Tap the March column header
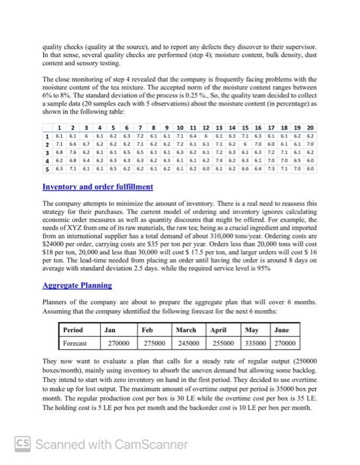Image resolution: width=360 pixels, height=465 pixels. click(x=186, y=329)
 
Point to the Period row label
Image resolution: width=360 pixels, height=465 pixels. click(x=73, y=329)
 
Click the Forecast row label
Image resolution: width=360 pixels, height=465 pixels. click(x=75, y=343)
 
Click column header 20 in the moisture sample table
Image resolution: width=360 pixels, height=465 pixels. click(x=312, y=127)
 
